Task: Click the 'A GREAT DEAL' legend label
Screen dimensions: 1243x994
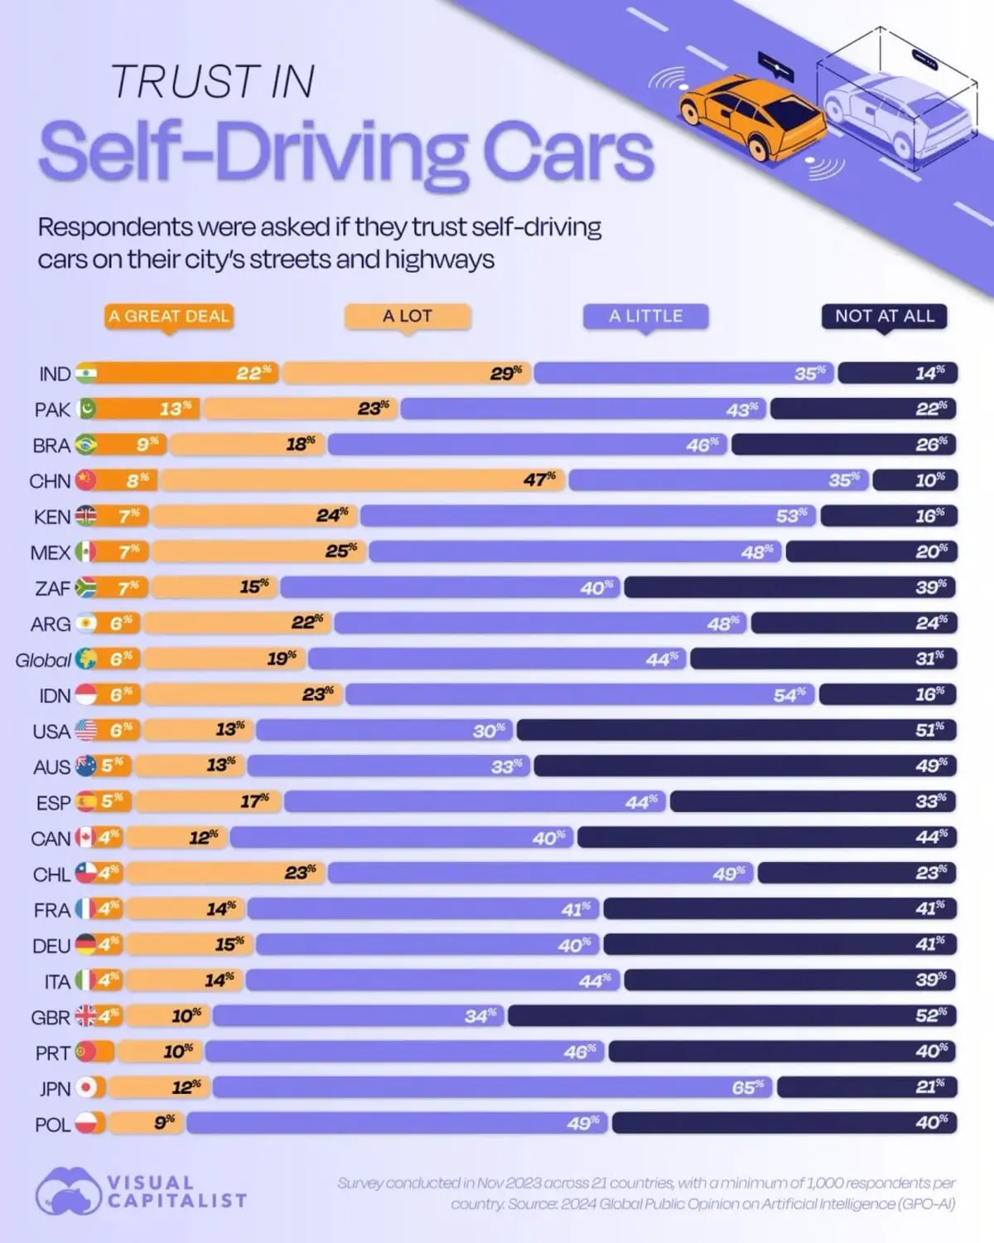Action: [168, 316]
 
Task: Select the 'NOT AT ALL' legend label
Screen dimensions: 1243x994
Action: [884, 316]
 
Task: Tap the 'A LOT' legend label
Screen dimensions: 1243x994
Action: [407, 316]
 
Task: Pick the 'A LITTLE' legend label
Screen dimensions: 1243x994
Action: [645, 316]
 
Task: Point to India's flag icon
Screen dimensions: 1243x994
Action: [86, 373]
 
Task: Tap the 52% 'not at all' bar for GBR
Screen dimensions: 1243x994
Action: [732, 1015]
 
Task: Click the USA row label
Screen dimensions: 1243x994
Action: [51, 731]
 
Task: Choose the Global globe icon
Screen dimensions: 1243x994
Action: [86, 660]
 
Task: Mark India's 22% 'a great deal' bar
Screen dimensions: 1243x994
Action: [186, 373]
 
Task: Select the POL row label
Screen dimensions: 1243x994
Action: [53, 1125]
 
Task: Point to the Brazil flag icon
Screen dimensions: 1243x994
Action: [85, 445]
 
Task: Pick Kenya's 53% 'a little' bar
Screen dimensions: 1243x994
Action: [588, 515]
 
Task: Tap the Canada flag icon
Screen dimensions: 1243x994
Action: [85, 838]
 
